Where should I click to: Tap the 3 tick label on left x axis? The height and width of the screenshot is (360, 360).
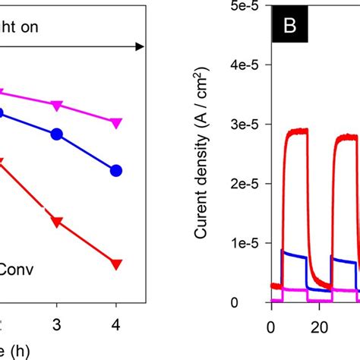[x=57, y=324]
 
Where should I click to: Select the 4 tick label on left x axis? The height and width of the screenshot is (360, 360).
[x=116, y=324]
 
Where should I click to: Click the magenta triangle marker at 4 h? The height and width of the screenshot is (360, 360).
[x=116, y=123]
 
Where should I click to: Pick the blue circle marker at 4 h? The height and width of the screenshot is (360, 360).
[x=116, y=171]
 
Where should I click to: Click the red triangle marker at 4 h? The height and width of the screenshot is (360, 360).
[x=116, y=264]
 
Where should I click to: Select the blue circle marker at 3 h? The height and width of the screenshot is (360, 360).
[x=57, y=134]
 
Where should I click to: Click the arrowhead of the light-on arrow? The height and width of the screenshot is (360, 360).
[x=140, y=47]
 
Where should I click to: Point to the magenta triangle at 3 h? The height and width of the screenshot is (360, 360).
[x=57, y=105]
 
